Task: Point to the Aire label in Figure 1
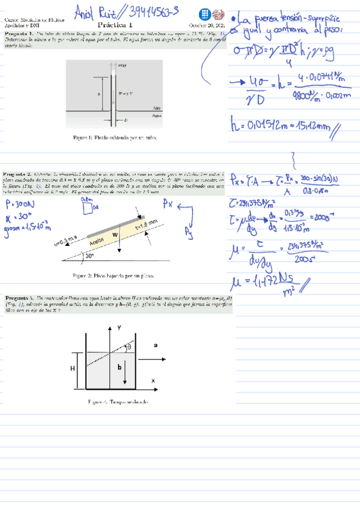[157, 106]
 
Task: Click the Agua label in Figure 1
[157, 114]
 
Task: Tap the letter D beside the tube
[126, 120]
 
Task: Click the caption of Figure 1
[114, 138]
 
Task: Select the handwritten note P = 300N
[16, 204]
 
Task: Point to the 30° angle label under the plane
[90, 254]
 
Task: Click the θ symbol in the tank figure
[128, 347]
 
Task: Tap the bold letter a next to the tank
[155, 345]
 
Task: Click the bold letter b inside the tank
[119, 365]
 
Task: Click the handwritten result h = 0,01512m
[280, 127]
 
